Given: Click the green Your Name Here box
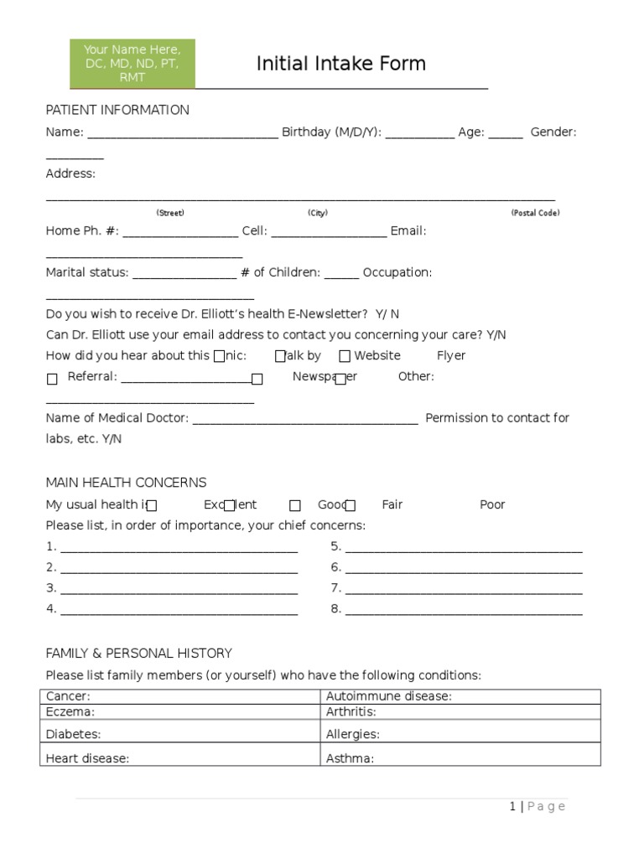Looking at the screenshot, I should (x=132, y=64).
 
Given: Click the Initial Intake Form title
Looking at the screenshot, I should (x=340, y=64).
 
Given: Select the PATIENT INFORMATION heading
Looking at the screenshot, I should (x=117, y=110).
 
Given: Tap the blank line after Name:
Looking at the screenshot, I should (x=182, y=133).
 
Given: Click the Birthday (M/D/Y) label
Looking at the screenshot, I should (x=331, y=132).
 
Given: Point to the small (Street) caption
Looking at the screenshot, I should (x=170, y=213).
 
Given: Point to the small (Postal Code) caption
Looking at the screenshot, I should (x=535, y=213).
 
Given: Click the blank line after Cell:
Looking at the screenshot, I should (x=329, y=232).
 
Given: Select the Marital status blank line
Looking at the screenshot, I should (x=184, y=274).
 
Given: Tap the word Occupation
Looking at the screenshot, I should (x=397, y=272).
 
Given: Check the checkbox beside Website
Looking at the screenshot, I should (x=345, y=356).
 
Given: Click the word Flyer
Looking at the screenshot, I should (x=451, y=355).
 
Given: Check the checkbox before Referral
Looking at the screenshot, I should (x=52, y=379).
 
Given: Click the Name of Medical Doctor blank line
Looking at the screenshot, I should (x=305, y=420).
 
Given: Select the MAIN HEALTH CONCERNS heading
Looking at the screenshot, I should (x=126, y=483).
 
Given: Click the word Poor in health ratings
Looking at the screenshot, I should (x=492, y=504).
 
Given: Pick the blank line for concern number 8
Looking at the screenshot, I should (x=464, y=611).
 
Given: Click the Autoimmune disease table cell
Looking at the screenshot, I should (x=460, y=696).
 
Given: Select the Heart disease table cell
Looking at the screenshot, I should (x=180, y=758).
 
